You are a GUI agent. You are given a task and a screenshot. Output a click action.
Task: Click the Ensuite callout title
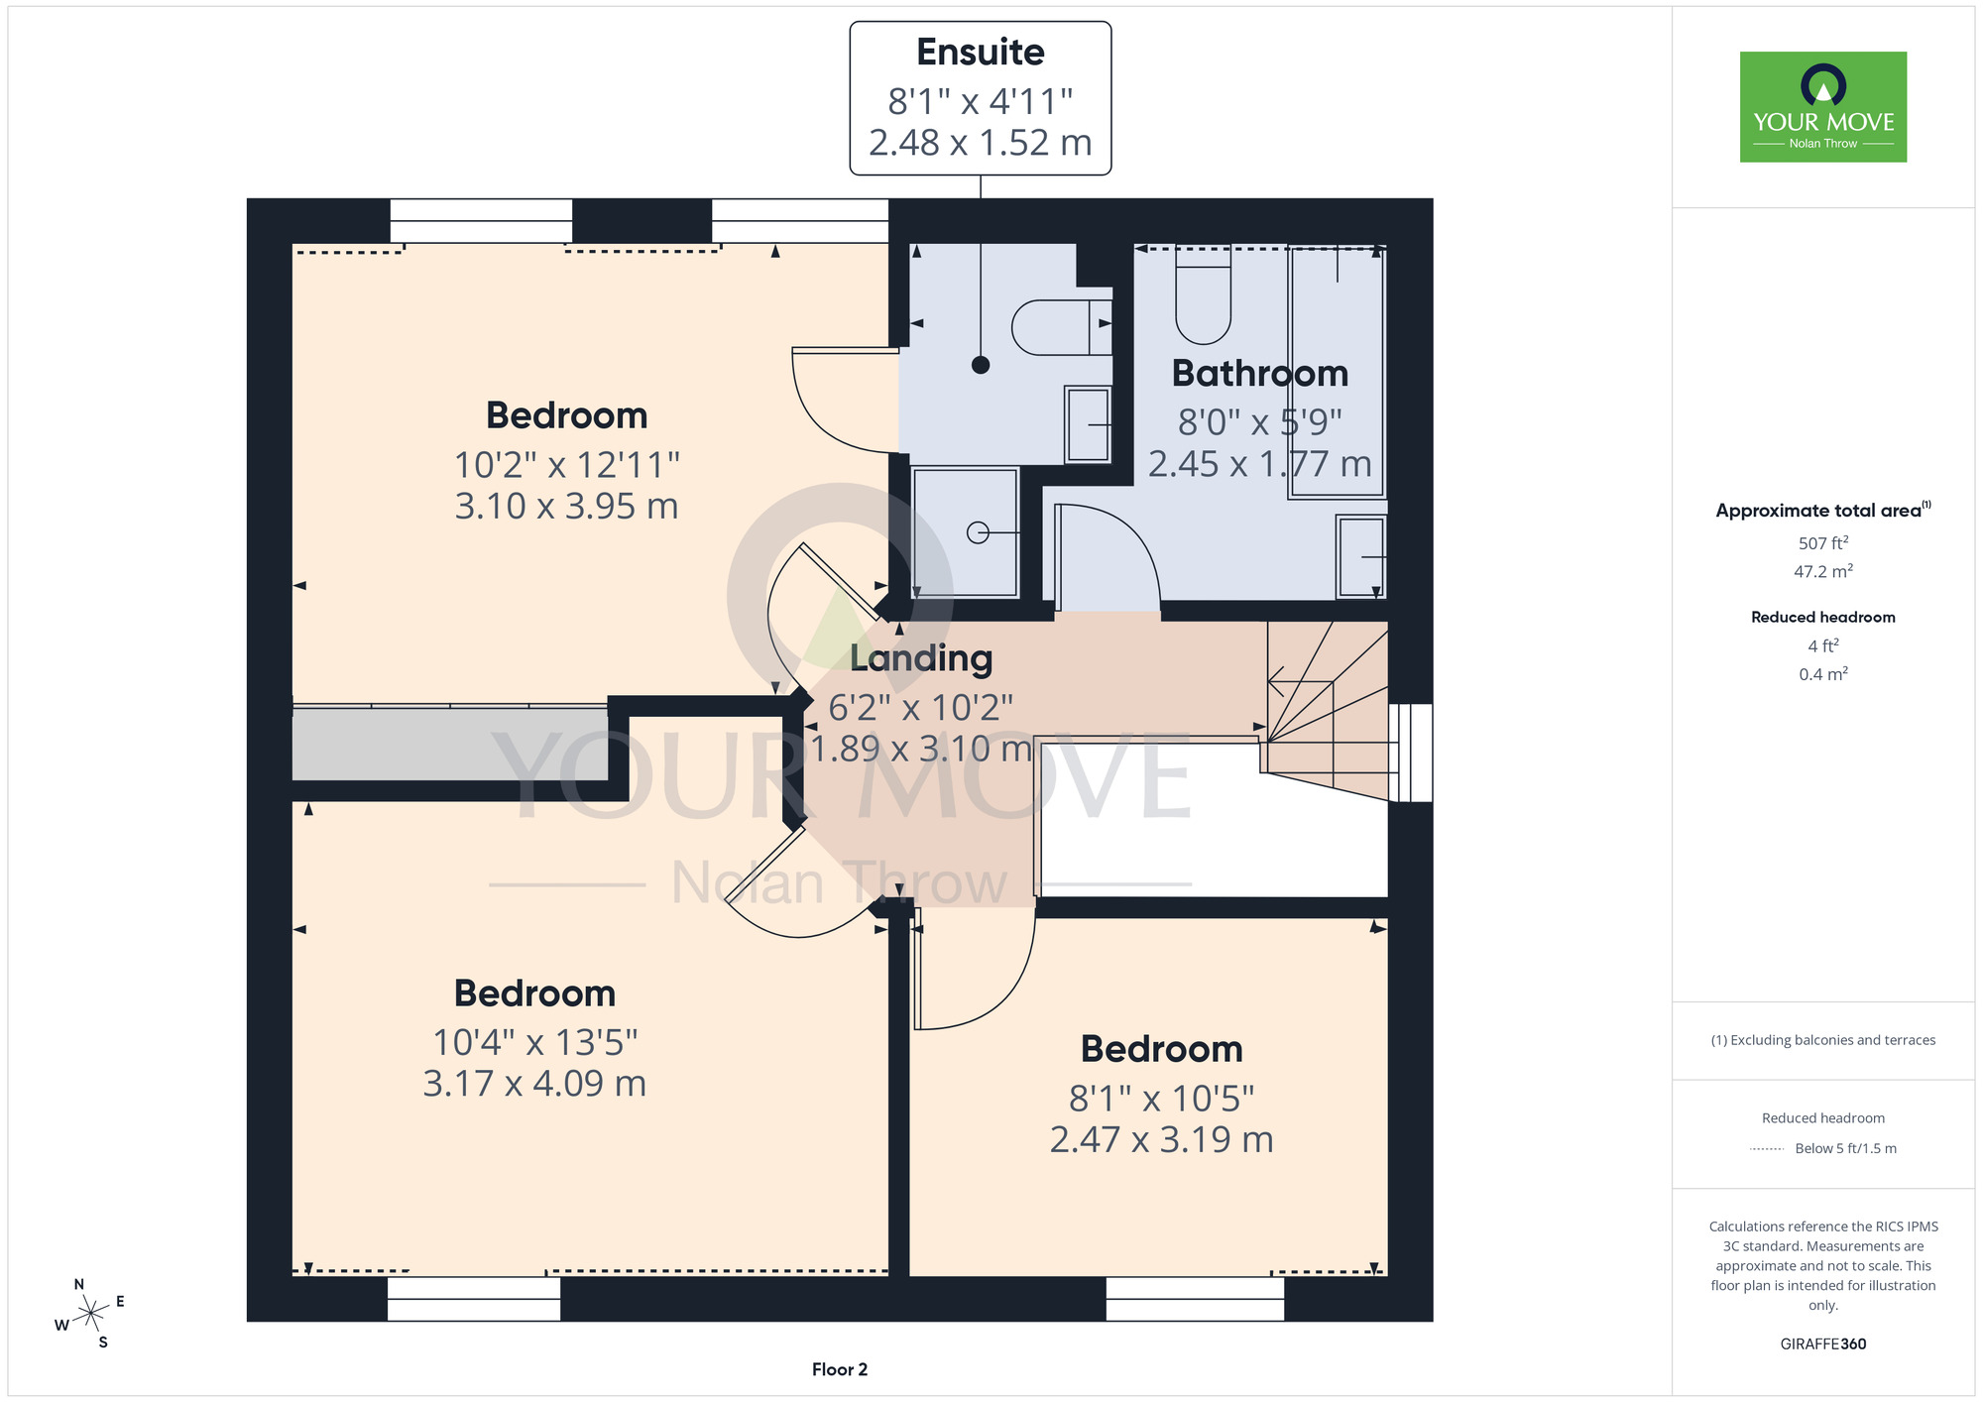point(980,53)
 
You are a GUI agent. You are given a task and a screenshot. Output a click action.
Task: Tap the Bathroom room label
point(1260,374)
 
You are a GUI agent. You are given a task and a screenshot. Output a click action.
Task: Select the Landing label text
point(921,658)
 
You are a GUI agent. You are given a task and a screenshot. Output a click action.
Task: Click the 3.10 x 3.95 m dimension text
point(566,507)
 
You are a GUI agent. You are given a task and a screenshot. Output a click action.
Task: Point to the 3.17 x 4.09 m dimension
point(534,1084)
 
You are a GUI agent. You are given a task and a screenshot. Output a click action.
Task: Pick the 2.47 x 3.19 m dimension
point(1161,1140)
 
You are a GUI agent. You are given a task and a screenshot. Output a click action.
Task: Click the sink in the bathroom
point(1361,557)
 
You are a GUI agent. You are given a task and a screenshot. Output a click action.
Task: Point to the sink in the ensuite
point(1088,424)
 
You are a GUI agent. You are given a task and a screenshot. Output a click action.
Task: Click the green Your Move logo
point(1823,107)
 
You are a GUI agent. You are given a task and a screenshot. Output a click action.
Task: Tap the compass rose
point(90,1314)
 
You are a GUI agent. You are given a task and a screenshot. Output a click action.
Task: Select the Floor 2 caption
point(840,1370)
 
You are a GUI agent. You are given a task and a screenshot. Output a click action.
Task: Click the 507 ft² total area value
point(1823,543)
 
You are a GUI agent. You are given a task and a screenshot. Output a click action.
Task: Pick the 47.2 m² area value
point(1823,571)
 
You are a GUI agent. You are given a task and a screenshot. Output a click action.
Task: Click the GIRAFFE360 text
point(1823,1344)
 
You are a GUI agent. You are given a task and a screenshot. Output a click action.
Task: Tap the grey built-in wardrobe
point(449,743)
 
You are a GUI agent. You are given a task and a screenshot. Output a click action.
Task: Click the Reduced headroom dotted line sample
point(1768,1149)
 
